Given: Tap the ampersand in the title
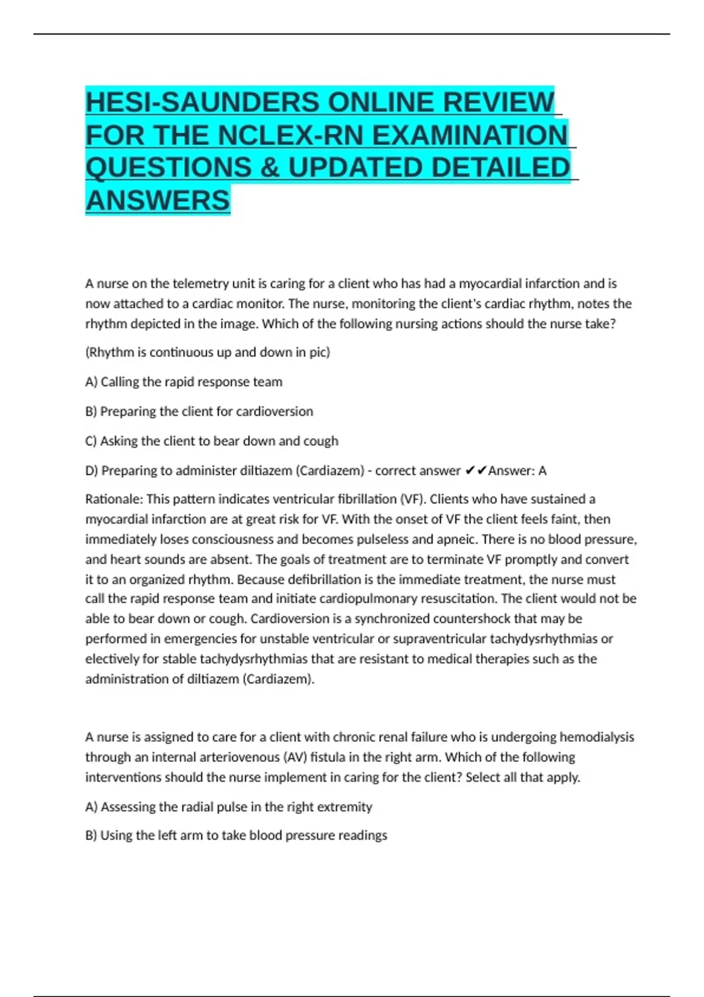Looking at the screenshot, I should (x=269, y=168).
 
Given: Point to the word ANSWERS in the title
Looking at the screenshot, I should (x=158, y=201).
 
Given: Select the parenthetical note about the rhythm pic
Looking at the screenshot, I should (x=208, y=352).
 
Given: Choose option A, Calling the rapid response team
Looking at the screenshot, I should (x=184, y=382).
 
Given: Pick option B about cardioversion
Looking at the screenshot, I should (x=199, y=412).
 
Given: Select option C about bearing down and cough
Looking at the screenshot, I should (x=212, y=441).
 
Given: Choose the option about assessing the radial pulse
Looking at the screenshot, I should (x=229, y=807).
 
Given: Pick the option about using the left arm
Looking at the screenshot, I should (x=236, y=835).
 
